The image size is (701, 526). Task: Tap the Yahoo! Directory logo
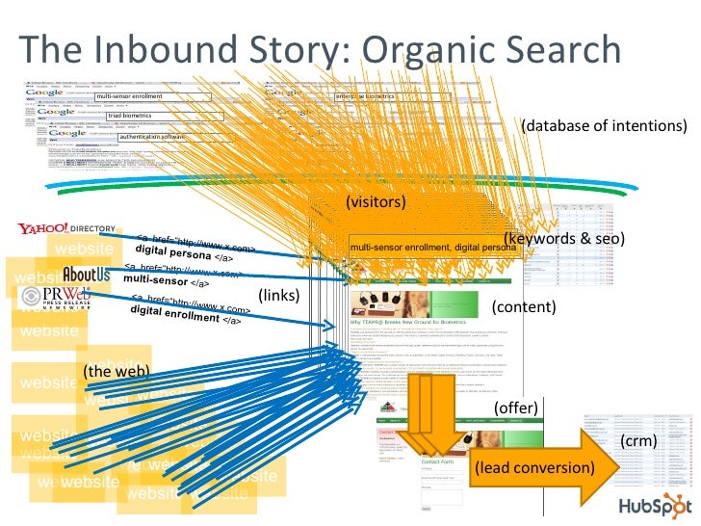pyautogui.click(x=65, y=229)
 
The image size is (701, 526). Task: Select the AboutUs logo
pyautogui.click(x=86, y=275)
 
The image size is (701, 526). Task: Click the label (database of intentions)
pyautogui.click(x=604, y=126)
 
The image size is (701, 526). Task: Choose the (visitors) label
pyautogui.click(x=376, y=202)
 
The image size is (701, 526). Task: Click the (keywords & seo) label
pyautogui.click(x=563, y=238)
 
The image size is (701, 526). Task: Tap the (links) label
pyautogui.click(x=278, y=295)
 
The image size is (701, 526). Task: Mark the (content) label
pyautogui.click(x=524, y=307)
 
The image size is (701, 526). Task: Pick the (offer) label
pyautogui.click(x=514, y=408)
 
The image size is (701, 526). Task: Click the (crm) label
pyautogui.click(x=637, y=441)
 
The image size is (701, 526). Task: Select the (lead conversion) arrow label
pyautogui.click(x=533, y=467)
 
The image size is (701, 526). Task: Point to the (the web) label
pyautogui.click(x=116, y=371)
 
